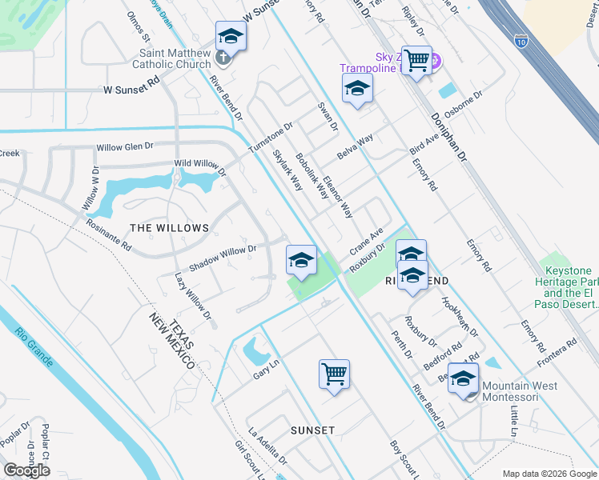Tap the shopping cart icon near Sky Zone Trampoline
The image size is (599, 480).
(416, 60)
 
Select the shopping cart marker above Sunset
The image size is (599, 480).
(334, 374)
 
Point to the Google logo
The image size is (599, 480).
(26, 470)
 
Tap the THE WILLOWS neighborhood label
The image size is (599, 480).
(169, 228)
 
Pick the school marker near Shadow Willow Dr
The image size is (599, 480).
(301, 259)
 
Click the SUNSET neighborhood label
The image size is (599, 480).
(313, 430)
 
